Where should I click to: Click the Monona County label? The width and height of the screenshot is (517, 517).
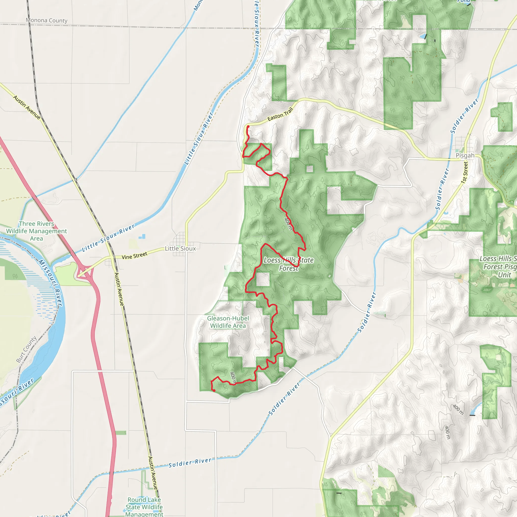46,20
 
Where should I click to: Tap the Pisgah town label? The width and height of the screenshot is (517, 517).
465,156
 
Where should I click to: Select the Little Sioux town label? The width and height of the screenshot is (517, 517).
180,249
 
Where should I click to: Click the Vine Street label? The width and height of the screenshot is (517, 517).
134,255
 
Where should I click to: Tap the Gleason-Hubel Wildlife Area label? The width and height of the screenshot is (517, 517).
228,322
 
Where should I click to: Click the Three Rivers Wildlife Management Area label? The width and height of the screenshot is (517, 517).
37,231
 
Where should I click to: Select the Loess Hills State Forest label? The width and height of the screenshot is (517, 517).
289,264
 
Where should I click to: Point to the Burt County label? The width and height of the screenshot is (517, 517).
26,349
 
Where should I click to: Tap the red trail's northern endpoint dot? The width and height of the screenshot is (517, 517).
248,126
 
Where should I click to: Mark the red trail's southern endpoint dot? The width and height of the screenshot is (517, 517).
214,391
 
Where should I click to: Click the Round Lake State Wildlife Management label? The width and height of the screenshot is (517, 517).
144,507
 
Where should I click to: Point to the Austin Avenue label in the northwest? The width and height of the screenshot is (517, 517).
27,107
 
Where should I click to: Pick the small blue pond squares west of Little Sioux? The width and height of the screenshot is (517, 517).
142,237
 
